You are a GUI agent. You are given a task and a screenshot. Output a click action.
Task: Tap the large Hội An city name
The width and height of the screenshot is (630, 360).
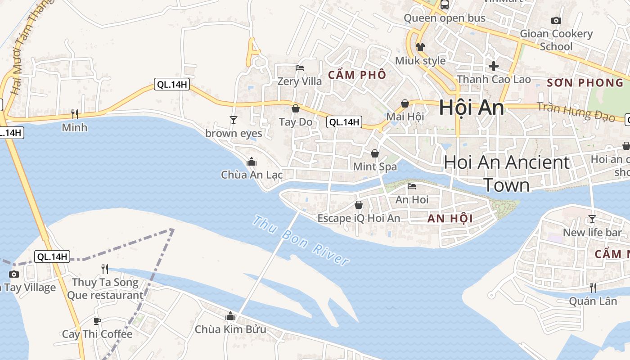point(471,108)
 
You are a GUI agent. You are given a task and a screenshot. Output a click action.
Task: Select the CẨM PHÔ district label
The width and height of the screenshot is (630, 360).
point(357,75)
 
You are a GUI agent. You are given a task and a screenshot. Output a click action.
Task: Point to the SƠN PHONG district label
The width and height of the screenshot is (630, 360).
point(585,83)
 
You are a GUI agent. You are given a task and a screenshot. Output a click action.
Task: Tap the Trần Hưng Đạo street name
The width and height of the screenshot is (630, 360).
point(576,112)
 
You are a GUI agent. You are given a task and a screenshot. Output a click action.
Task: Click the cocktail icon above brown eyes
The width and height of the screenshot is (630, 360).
point(233,120)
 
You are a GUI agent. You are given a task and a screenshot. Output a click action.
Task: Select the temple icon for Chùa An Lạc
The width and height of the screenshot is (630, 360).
point(251,162)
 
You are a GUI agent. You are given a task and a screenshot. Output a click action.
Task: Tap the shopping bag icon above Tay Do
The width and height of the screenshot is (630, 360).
point(296,108)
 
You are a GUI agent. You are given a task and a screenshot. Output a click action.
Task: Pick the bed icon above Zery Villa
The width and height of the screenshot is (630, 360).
point(300,68)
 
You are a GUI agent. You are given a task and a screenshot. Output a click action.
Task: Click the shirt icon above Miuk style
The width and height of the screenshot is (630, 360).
point(420,47)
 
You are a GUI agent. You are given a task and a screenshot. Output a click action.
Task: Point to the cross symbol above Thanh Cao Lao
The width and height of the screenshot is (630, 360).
point(494,66)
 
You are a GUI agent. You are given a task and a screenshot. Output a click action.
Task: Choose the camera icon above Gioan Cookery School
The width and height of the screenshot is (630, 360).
point(556,20)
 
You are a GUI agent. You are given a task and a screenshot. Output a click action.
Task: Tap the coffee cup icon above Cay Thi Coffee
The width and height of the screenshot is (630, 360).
point(97,321)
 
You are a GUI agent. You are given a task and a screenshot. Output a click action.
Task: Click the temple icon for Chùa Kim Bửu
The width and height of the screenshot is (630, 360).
point(230,316)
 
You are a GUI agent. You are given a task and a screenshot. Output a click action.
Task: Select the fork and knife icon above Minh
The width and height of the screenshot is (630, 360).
point(75,114)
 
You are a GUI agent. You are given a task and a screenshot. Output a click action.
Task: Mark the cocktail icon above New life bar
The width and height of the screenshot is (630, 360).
point(592,219)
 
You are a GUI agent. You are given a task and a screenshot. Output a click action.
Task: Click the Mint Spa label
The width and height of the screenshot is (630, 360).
point(375,166)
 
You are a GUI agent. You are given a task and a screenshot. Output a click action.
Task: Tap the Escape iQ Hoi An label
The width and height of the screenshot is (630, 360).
point(359,218)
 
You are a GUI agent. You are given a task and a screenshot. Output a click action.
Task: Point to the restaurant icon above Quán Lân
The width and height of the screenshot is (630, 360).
point(593,288)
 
